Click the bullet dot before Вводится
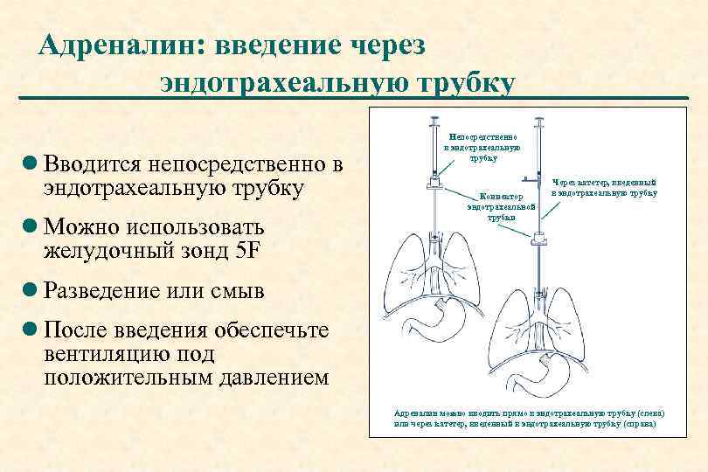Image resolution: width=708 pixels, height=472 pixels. click(30, 163)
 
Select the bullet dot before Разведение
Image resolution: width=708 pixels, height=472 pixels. click(30, 290)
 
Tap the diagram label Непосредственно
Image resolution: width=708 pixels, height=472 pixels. click(482, 137)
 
